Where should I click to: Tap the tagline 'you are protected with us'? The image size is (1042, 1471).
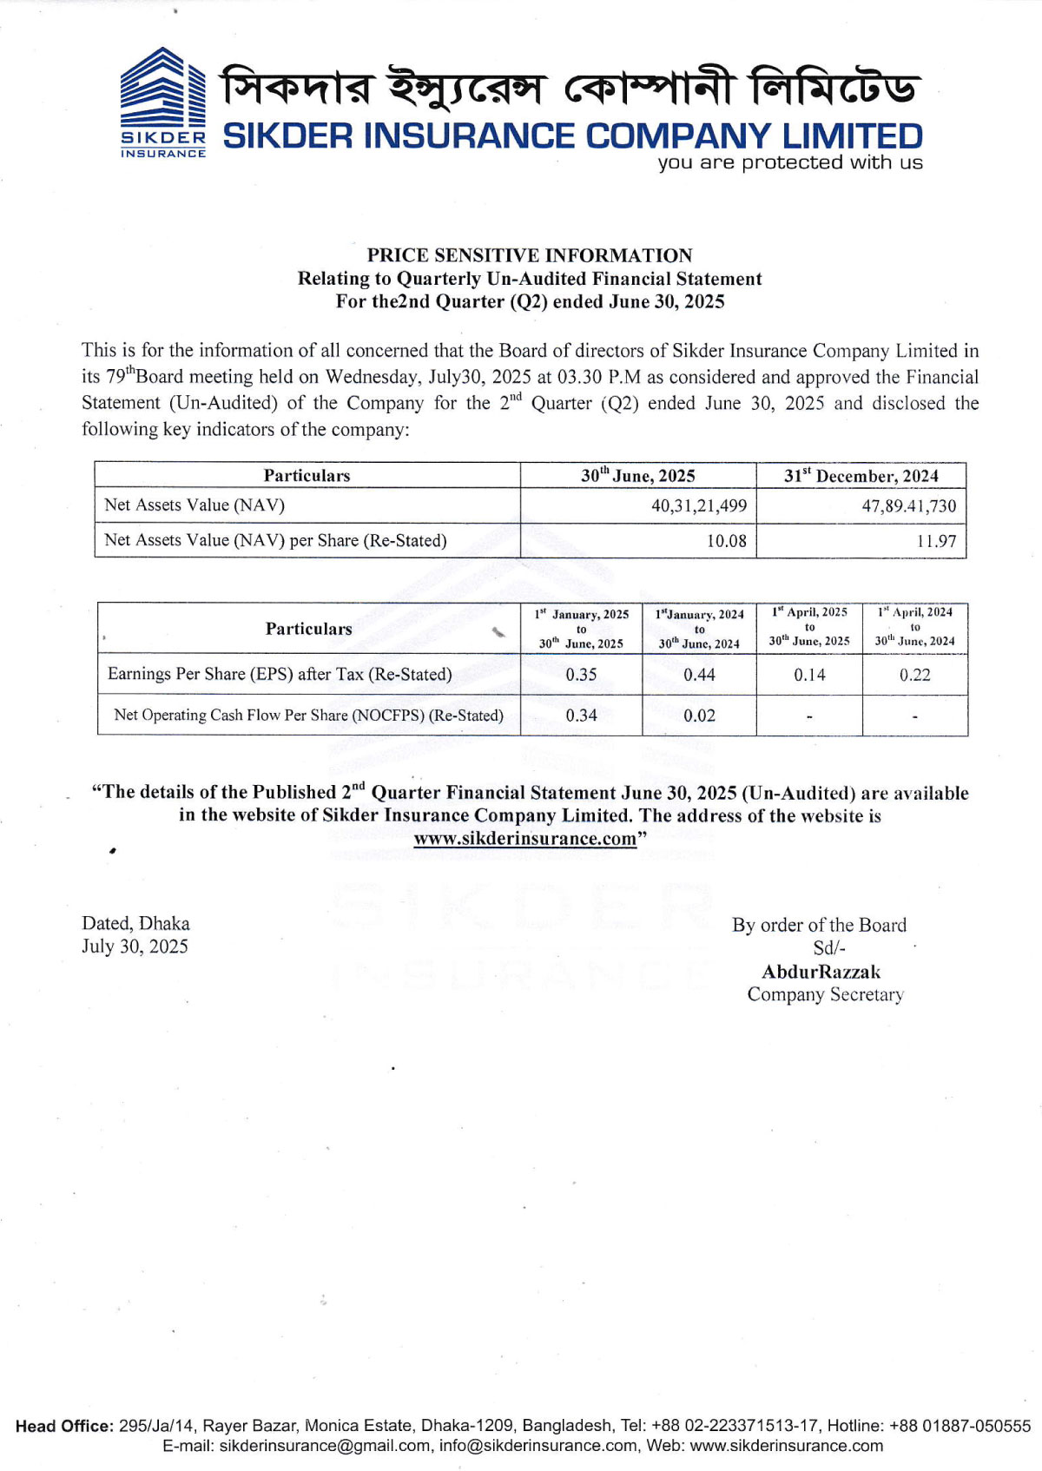coord(789,162)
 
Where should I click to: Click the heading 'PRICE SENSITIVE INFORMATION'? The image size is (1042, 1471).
coord(529,255)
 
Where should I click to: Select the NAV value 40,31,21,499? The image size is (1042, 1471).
coord(698,505)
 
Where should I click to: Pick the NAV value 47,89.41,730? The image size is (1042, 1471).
coord(908,506)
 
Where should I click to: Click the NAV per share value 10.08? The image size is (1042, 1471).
coord(726,541)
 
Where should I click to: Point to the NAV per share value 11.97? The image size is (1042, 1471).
coord(936,541)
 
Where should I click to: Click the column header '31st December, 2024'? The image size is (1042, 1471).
coord(861,476)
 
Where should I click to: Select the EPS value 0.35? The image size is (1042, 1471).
coord(581,675)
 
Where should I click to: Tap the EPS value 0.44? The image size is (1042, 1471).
coord(699,675)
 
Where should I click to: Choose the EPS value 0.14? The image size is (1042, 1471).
coord(809,675)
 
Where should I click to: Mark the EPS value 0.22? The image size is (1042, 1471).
coord(914,675)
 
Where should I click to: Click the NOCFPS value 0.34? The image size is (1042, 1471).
coord(581,716)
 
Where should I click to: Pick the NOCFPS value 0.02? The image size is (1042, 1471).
coord(699,716)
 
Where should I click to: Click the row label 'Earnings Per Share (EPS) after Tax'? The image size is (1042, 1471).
coord(280,675)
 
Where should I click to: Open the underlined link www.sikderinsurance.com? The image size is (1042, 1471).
coord(525,839)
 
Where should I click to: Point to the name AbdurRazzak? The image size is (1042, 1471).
coord(821,972)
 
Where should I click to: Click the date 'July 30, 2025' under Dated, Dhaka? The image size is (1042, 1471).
coord(135,947)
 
